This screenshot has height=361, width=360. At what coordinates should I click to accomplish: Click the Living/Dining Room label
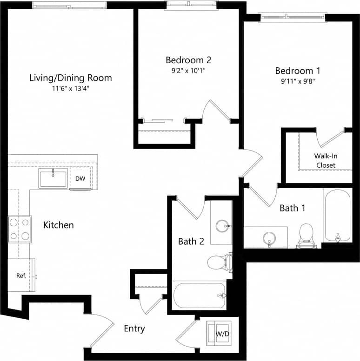point(70,78)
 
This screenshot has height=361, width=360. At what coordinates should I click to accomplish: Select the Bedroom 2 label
point(188,60)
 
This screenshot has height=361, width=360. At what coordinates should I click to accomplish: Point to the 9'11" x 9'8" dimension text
point(298,81)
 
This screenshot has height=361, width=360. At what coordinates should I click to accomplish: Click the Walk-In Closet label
point(326,160)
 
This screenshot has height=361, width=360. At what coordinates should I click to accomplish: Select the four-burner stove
point(20,229)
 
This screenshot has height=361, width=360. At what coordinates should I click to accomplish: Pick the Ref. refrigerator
point(21,275)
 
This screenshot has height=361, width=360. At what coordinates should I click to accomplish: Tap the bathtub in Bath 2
point(199,295)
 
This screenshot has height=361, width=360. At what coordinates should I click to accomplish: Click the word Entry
point(134,328)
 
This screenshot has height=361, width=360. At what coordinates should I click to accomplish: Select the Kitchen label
point(59,225)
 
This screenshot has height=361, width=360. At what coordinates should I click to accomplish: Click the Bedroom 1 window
point(293,17)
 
